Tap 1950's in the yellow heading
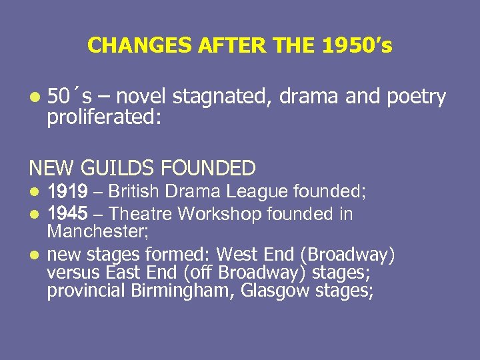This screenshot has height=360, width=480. [357, 45]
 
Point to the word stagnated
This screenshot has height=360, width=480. [220, 97]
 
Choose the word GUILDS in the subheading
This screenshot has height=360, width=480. [125, 167]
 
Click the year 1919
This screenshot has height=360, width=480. [67, 192]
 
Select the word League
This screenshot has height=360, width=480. [257, 192]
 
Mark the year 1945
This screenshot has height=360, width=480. [67, 214]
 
